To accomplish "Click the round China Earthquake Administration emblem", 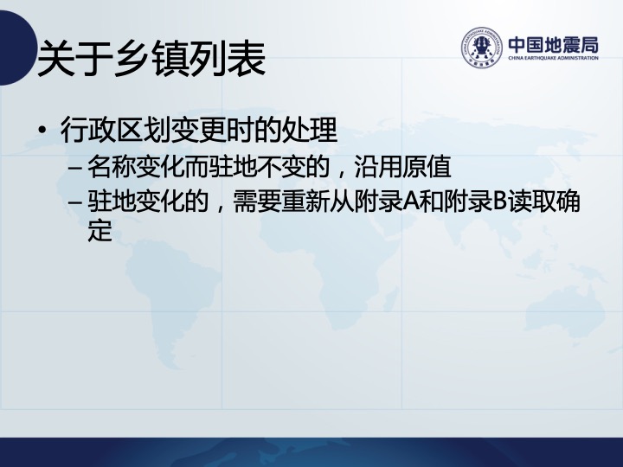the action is [481, 48].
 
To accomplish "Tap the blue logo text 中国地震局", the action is [554, 45].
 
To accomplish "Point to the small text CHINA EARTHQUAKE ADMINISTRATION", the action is [554, 58].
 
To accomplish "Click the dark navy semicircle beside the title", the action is [16, 48].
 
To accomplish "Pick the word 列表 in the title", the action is [228, 59].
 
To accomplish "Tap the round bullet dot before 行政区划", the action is [42, 130].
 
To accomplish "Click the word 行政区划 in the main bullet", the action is [116, 130].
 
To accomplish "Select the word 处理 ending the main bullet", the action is [310, 130].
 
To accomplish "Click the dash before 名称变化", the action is [75, 168].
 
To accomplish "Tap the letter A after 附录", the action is [411, 202].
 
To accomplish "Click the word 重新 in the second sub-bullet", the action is [306, 201].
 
